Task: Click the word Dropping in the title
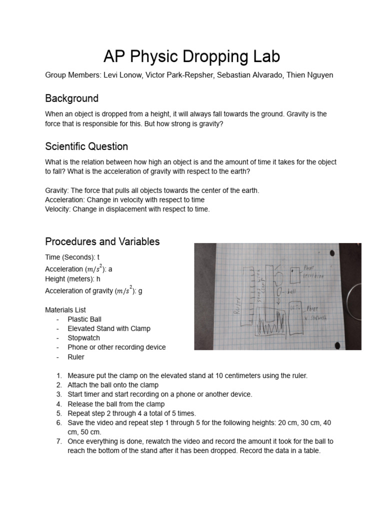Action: [214, 56]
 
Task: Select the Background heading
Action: [71, 98]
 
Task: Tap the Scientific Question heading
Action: [86, 146]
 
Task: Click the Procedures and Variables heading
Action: [102, 241]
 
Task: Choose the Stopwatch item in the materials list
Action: [84, 338]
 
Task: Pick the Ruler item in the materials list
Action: [76, 357]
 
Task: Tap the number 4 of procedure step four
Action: [58, 404]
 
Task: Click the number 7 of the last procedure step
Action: [58, 441]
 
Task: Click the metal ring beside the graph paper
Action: [356, 302]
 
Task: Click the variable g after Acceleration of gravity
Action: [140, 291]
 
